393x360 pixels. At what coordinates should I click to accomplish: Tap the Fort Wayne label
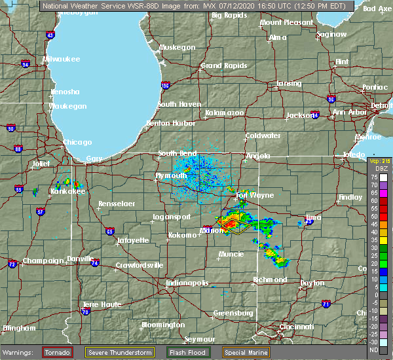[250, 195]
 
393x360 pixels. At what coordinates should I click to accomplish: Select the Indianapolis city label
[187, 283]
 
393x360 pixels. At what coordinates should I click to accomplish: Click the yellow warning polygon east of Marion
[234, 226]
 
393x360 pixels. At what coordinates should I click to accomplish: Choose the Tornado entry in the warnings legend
[58, 352]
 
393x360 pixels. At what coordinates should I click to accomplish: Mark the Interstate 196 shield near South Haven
[166, 86]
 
